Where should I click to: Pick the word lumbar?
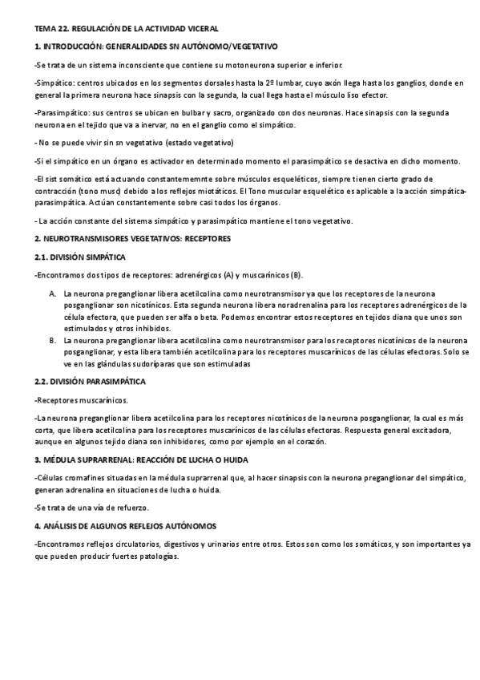[281, 83]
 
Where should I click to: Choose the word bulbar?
[192, 114]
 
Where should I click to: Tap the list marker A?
[52, 293]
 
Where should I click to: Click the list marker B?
[52, 340]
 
